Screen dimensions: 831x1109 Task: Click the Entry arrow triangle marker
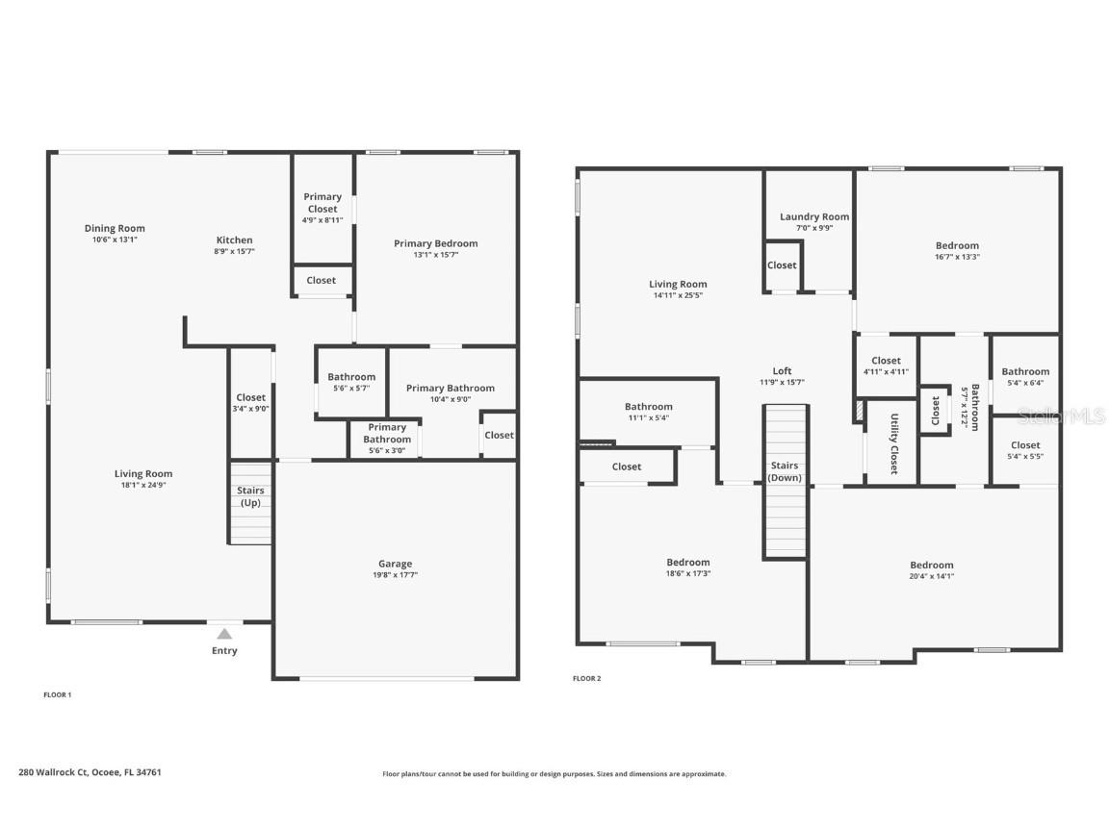(x=224, y=634)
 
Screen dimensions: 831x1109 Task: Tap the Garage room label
(x=395, y=564)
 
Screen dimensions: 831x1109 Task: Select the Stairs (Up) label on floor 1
(x=250, y=496)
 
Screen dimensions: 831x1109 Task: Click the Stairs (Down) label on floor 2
(x=785, y=471)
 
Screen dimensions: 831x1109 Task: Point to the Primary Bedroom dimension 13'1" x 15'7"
(x=435, y=255)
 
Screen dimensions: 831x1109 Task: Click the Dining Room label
(x=115, y=229)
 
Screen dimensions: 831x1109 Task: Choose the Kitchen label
(x=234, y=240)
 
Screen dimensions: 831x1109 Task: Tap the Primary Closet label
(x=322, y=203)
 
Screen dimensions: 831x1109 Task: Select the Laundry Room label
(x=814, y=217)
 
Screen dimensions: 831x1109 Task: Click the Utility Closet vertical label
(x=893, y=444)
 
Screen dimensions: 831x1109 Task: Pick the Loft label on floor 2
(x=783, y=371)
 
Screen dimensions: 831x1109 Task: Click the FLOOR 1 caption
(x=58, y=694)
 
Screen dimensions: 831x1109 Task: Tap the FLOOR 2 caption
(x=586, y=678)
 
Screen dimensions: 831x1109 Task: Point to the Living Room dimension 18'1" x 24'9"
(x=143, y=485)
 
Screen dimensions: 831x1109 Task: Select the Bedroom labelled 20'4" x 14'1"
(x=932, y=566)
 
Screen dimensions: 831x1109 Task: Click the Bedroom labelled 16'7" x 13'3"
(x=957, y=246)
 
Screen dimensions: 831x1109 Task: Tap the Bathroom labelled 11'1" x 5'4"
(x=648, y=407)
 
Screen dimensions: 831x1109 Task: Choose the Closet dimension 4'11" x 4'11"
(x=886, y=372)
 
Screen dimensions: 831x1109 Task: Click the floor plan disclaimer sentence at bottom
(x=554, y=773)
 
